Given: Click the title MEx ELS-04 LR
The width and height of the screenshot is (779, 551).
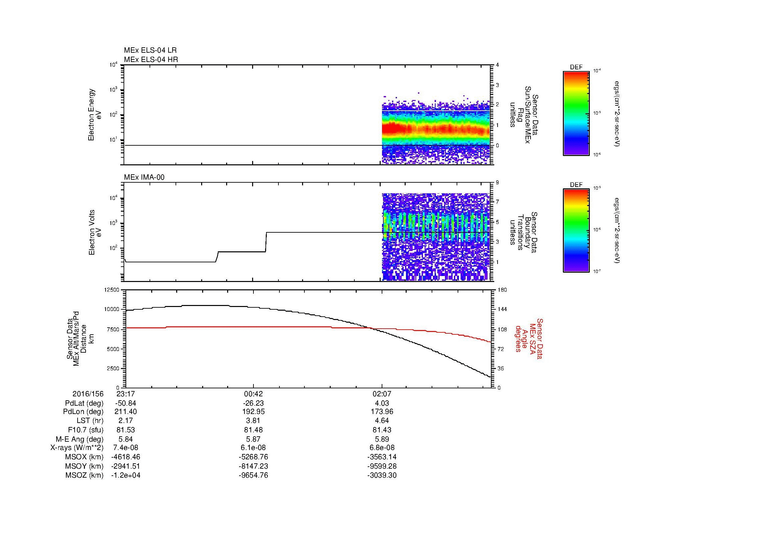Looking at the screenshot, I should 150,50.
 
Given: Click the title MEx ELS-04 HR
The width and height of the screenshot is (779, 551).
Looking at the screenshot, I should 151,59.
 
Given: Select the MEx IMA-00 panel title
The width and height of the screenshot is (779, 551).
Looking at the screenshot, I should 144,177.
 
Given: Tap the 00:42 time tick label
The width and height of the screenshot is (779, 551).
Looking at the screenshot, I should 253,394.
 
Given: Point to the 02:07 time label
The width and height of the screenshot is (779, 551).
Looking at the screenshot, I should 382,394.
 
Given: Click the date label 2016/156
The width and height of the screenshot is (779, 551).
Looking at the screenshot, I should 88,394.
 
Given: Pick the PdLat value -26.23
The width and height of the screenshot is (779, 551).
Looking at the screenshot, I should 253,403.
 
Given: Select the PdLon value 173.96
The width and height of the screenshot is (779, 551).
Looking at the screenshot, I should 382,412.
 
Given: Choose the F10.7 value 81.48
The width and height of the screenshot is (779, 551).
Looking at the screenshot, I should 253,430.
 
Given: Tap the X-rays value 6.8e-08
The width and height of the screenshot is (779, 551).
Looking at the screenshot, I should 382,448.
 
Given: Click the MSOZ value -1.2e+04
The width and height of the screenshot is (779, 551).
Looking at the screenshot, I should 126,475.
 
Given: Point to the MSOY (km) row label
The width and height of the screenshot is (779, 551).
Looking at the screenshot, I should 84,466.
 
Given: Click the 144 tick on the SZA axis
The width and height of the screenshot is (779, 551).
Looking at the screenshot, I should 502,309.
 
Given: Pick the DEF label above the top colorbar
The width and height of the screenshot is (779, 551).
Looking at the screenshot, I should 576,67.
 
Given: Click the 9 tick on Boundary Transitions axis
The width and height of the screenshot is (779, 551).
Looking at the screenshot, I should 497,183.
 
